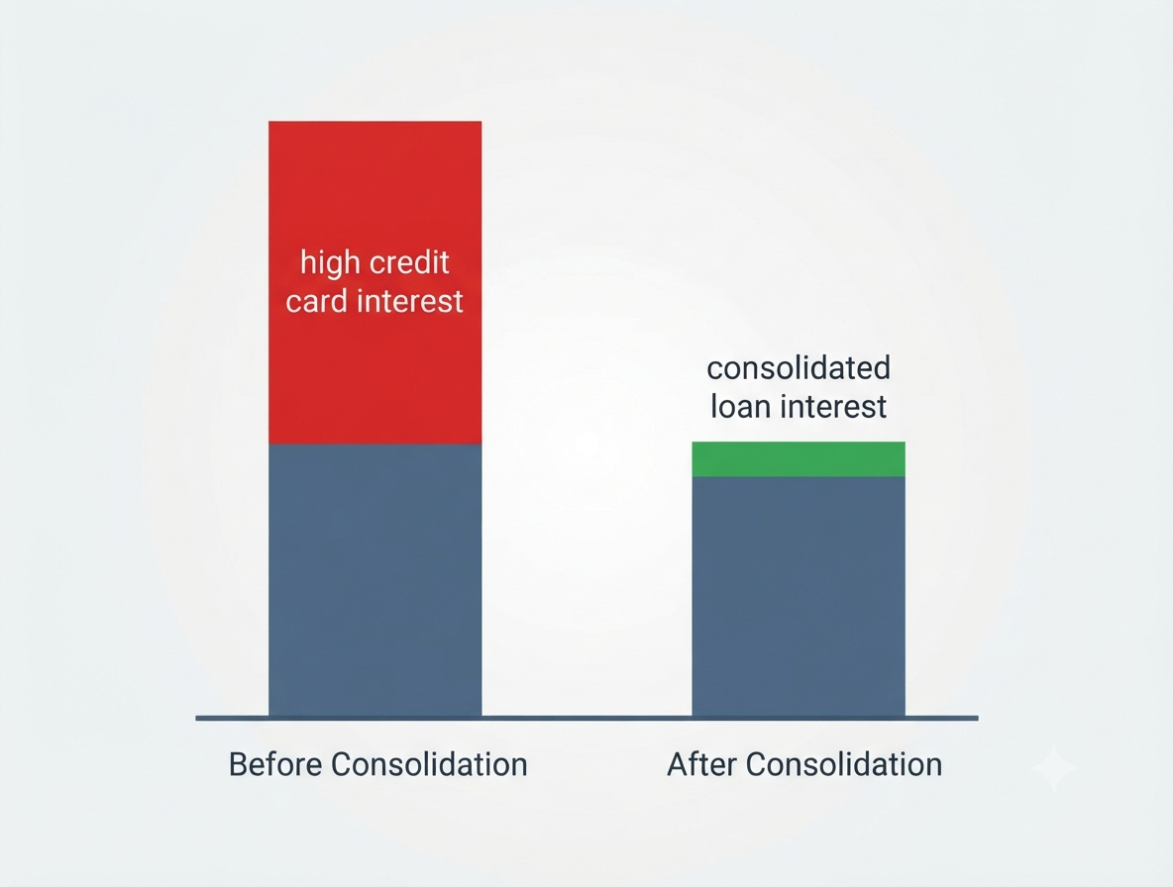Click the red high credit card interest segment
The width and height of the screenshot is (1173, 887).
[374, 282]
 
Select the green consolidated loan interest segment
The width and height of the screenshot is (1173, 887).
[799, 458]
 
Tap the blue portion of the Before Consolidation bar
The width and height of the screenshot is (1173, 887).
[374, 581]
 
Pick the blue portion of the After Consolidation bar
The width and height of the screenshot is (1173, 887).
[799, 596]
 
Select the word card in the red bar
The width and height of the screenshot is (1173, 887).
[316, 301]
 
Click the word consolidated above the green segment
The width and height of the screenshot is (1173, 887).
[799, 367]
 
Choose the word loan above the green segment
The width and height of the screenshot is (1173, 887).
[741, 407]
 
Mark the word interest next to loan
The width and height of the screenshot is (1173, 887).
[833, 407]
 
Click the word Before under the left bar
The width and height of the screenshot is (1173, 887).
[274, 764]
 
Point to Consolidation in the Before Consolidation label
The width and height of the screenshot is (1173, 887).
[429, 764]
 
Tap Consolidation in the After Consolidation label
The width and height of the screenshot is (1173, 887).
[844, 764]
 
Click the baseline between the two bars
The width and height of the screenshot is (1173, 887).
[586, 718]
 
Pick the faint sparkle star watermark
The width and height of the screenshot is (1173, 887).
[1053, 768]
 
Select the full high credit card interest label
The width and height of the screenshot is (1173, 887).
[374, 282]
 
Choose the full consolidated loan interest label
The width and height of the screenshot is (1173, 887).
[799, 387]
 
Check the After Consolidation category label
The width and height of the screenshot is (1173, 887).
[804, 764]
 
